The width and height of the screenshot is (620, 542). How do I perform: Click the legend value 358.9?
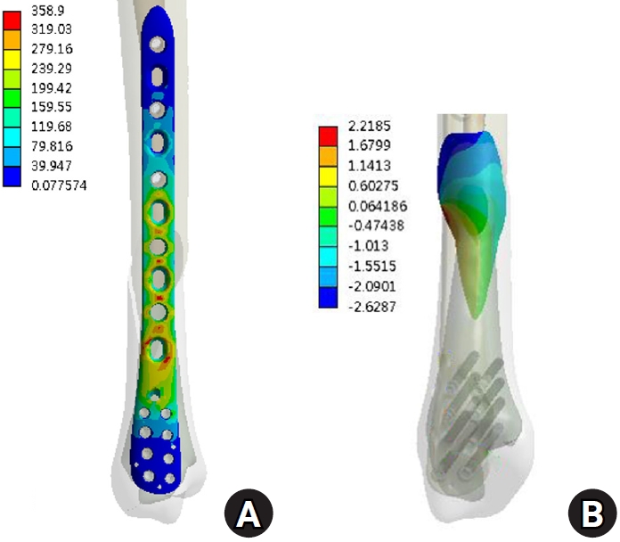tap(48, 11)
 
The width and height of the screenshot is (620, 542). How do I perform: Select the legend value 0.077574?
tap(59, 185)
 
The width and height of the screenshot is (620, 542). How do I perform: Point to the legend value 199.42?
tap(52, 88)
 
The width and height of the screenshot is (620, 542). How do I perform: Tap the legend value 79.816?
tap(53, 146)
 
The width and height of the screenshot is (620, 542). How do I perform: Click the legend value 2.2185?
tap(370, 126)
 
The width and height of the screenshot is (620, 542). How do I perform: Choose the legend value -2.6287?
tap(372, 307)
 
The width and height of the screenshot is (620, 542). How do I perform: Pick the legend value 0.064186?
tap(378, 206)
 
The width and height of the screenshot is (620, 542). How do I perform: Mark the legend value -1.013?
tap(369, 246)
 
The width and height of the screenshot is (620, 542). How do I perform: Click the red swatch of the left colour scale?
tap(12, 21)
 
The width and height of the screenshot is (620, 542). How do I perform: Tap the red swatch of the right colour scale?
tap(328, 137)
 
